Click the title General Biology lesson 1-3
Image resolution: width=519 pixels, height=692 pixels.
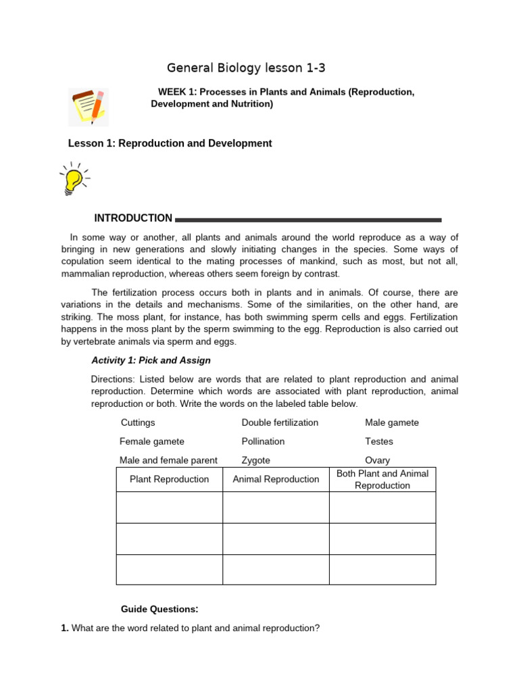(x=241, y=68)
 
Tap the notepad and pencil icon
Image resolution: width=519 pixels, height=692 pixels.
(x=89, y=107)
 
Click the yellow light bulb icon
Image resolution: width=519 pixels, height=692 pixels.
(x=73, y=179)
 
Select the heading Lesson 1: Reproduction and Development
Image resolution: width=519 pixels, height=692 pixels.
(x=170, y=143)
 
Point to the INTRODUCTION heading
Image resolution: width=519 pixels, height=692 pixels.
(x=133, y=218)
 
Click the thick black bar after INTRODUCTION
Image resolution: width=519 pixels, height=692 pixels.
(x=308, y=220)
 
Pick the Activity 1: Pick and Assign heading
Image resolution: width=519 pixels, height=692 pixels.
(x=151, y=360)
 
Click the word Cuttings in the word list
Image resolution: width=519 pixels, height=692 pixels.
(x=138, y=422)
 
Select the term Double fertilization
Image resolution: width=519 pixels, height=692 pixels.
(x=280, y=422)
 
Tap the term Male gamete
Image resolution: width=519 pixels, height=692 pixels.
(x=392, y=422)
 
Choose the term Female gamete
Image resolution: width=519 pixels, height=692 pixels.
(x=152, y=441)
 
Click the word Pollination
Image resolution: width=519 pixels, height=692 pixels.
(x=263, y=441)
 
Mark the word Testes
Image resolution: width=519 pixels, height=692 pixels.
(x=379, y=441)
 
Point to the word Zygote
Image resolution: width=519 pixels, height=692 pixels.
(x=256, y=460)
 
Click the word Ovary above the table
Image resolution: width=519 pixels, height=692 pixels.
(x=377, y=460)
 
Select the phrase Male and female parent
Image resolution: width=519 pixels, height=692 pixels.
(x=168, y=460)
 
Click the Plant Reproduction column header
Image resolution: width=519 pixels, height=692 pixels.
(x=170, y=479)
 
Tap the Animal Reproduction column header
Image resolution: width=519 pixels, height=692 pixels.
(x=276, y=479)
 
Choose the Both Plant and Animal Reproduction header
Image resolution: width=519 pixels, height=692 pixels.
(x=382, y=479)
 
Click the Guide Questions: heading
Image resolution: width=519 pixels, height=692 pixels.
(x=159, y=609)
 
